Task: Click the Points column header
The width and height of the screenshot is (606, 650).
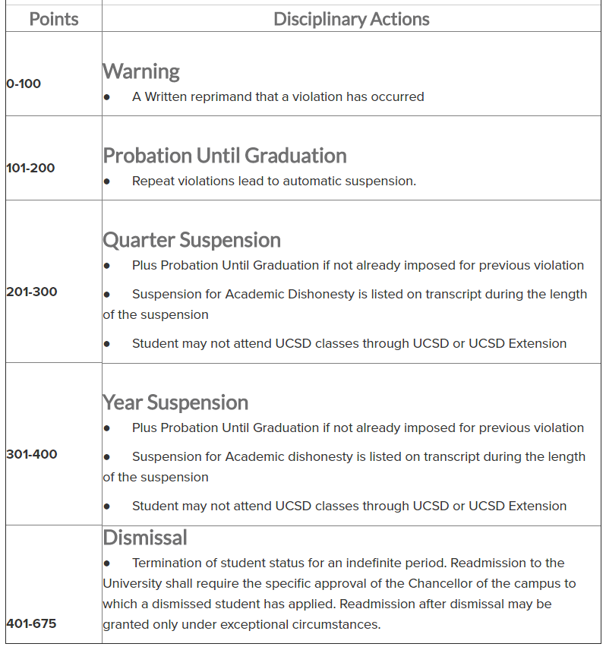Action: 54,19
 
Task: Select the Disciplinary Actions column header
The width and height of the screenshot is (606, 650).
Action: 351,19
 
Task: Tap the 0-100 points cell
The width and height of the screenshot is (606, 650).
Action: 24,84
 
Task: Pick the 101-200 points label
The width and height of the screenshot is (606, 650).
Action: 30,168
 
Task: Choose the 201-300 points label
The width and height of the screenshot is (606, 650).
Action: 31,292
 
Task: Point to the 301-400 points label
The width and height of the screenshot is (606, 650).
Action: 31,454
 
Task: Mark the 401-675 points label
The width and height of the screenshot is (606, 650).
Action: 31,623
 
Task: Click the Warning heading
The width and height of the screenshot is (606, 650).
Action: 141,71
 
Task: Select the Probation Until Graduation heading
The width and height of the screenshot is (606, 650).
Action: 225,156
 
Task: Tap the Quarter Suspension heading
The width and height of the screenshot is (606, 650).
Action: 191,240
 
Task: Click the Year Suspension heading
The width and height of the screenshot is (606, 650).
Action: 175,402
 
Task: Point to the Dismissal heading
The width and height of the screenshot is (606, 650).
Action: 145,538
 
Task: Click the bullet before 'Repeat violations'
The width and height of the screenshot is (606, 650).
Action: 107,181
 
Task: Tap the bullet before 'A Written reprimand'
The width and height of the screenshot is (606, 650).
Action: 107,97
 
